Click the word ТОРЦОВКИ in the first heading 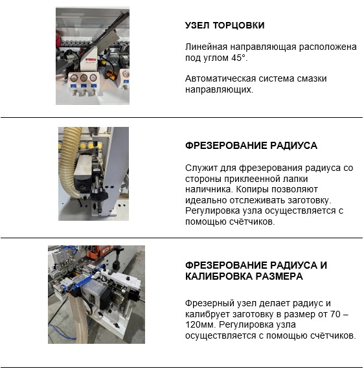238,25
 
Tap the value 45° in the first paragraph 240,58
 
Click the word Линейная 206,47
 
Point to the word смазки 312,78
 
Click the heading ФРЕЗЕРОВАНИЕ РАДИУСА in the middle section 251,145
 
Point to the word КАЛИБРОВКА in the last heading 219,276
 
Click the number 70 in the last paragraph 335,314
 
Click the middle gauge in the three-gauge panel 84,78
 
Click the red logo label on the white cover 90,60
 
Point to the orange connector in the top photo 111,74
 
